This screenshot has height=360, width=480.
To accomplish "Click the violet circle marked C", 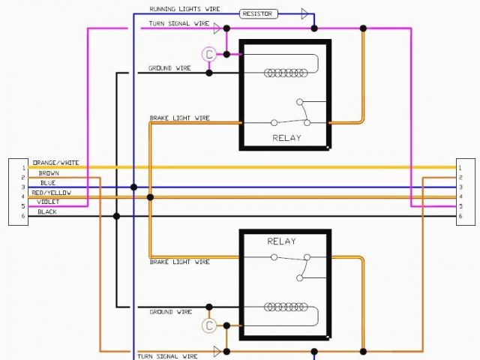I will click(x=209, y=54).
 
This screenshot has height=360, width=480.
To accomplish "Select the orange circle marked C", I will click(x=209, y=325).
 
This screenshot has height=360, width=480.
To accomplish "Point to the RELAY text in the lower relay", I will click(x=281, y=241).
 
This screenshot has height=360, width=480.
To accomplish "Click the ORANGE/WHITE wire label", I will click(x=55, y=163).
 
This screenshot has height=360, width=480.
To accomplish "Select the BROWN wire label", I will click(x=49, y=173).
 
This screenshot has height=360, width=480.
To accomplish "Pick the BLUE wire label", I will click(x=48, y=183).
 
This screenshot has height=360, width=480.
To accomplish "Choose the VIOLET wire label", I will click(x=48, y=202).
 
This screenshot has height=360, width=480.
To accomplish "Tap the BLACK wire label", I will click(x=47, y=211).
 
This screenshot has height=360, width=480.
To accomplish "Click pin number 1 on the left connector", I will click(x=23, y=167).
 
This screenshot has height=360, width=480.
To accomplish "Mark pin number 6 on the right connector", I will click(x=460, y=216).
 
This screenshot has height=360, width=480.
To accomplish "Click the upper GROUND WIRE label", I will click(x=169, y=68).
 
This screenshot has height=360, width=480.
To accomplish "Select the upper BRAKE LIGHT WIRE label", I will click(x=179, y=118).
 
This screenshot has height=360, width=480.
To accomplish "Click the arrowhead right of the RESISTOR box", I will click(x=304, y=13).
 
